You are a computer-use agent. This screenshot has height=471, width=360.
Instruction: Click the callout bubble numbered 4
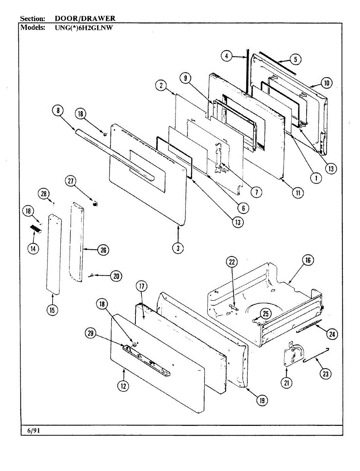[x=227, y=56]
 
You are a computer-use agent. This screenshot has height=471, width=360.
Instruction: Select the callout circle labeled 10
[x=326, y=83]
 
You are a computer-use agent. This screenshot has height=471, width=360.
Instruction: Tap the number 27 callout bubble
[x=71, y=181]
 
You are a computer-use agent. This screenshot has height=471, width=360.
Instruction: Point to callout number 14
[x=33, y=249]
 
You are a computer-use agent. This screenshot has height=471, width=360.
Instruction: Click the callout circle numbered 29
[x=91, y=333]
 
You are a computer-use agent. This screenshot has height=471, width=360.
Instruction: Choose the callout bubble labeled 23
[x=325, y=374]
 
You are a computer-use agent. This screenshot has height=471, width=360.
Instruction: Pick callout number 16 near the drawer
[x=308, y=260]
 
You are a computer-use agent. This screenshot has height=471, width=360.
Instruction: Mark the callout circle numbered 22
[x=232, y=262]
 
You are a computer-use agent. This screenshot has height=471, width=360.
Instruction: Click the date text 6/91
[x=33, y=431]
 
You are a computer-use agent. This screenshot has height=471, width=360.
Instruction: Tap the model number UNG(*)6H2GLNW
[x=84, y=28]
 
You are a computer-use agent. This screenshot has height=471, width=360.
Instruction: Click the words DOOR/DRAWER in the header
[x=85, y=18]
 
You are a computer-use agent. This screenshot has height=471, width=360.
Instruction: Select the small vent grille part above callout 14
[x=36, y=229]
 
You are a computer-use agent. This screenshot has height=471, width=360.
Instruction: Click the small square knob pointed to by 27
[x=95, y=203]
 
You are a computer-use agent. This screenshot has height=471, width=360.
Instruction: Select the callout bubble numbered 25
[x=266, y=314]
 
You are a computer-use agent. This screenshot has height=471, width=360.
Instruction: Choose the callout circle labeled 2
[x=161, y=86]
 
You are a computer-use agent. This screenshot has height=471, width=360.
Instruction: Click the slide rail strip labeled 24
[x=309, y=326]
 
